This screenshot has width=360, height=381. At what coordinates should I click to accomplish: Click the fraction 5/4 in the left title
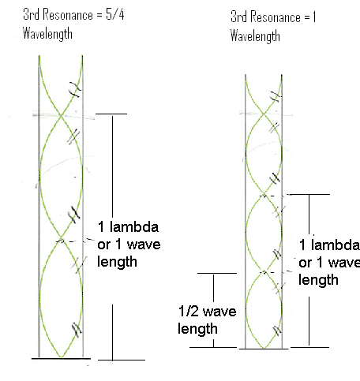click(x=115, y=14)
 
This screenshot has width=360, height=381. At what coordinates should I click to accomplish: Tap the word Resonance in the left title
click(x=68, y=14)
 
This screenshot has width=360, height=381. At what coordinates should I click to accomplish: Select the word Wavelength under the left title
click(x=47, y=34)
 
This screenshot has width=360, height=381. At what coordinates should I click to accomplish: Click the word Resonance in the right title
click(x=276, y=17)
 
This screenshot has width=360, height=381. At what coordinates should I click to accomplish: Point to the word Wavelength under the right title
click(x=255, y=36)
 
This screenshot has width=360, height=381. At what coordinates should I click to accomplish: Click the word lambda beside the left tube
click(x=134, y=226)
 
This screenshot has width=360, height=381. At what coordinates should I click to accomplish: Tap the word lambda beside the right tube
click(x=336, y=245)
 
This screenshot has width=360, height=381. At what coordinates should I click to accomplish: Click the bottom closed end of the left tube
click(x=61, y=358)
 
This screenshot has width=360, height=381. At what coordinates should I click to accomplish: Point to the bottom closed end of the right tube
click(x=264, y=349)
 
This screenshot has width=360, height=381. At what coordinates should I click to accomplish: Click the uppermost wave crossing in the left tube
click(x=61, y=115)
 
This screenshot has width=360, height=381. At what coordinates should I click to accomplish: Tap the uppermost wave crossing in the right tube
click(x=264, y=114)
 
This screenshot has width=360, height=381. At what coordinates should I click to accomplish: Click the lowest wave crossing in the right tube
click(x=264, y=272)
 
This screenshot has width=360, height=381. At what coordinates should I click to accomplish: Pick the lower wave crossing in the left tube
click(x=61, y=238)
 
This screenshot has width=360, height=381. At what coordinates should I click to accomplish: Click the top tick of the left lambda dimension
click(x=111, y=114)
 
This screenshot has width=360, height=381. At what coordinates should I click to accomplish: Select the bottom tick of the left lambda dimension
click(x=122, y=360)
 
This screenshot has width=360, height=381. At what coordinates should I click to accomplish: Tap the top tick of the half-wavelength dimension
click(x=217, y=273)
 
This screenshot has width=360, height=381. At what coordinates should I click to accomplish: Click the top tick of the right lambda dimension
click(x=308, y=194)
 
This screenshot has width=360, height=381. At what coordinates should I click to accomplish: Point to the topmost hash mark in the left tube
click(x=75, y=89)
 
